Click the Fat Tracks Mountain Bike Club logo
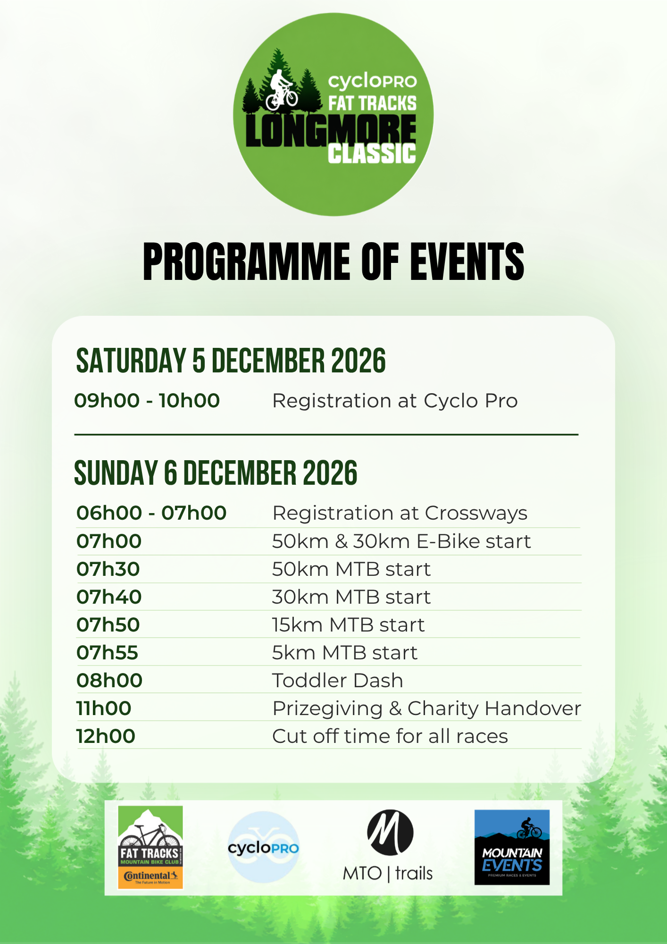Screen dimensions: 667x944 point(150,847)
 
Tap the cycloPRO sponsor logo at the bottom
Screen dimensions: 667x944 point(263,847)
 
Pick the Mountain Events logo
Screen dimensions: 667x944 point(512,847)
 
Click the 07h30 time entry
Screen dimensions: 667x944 point(108,569)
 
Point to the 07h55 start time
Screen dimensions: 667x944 point(107,653)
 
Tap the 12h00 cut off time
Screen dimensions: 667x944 point(106,736)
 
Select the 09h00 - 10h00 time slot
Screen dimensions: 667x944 point(147,401)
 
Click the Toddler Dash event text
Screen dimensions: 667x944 point(338,681)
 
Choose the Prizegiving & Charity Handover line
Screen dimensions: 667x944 point(427,708)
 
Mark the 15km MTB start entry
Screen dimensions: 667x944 point(349,625)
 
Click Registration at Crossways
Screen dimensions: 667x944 point(400,514)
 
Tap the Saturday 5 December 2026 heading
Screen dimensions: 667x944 point(231,361)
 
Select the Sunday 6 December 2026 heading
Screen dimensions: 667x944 point(216,473)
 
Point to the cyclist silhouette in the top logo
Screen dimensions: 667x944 point(282,90)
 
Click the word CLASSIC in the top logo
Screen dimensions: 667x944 point(372,154)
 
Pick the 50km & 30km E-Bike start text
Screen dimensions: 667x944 point(401,541)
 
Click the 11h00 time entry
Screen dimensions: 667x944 point(104,708)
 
